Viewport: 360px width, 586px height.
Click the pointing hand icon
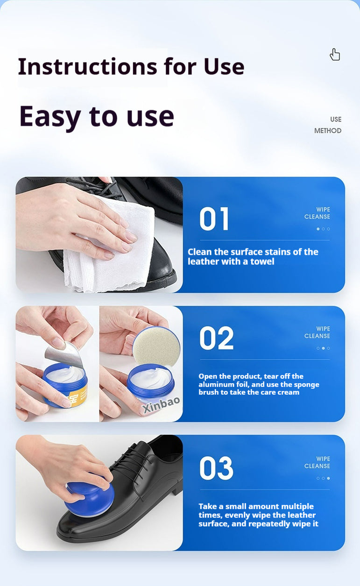[335, 55]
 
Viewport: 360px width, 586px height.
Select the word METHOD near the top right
[328, 131]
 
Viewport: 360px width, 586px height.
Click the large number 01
[214, 219]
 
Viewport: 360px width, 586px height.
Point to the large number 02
[216, 338]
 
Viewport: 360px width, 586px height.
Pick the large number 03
[216, 468]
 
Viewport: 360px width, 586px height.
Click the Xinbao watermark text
[162, 404]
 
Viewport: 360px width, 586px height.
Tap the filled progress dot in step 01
[318, 229]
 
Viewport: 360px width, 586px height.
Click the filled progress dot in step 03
[328, 478]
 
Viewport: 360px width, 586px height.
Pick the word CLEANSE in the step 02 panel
[317, 336]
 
